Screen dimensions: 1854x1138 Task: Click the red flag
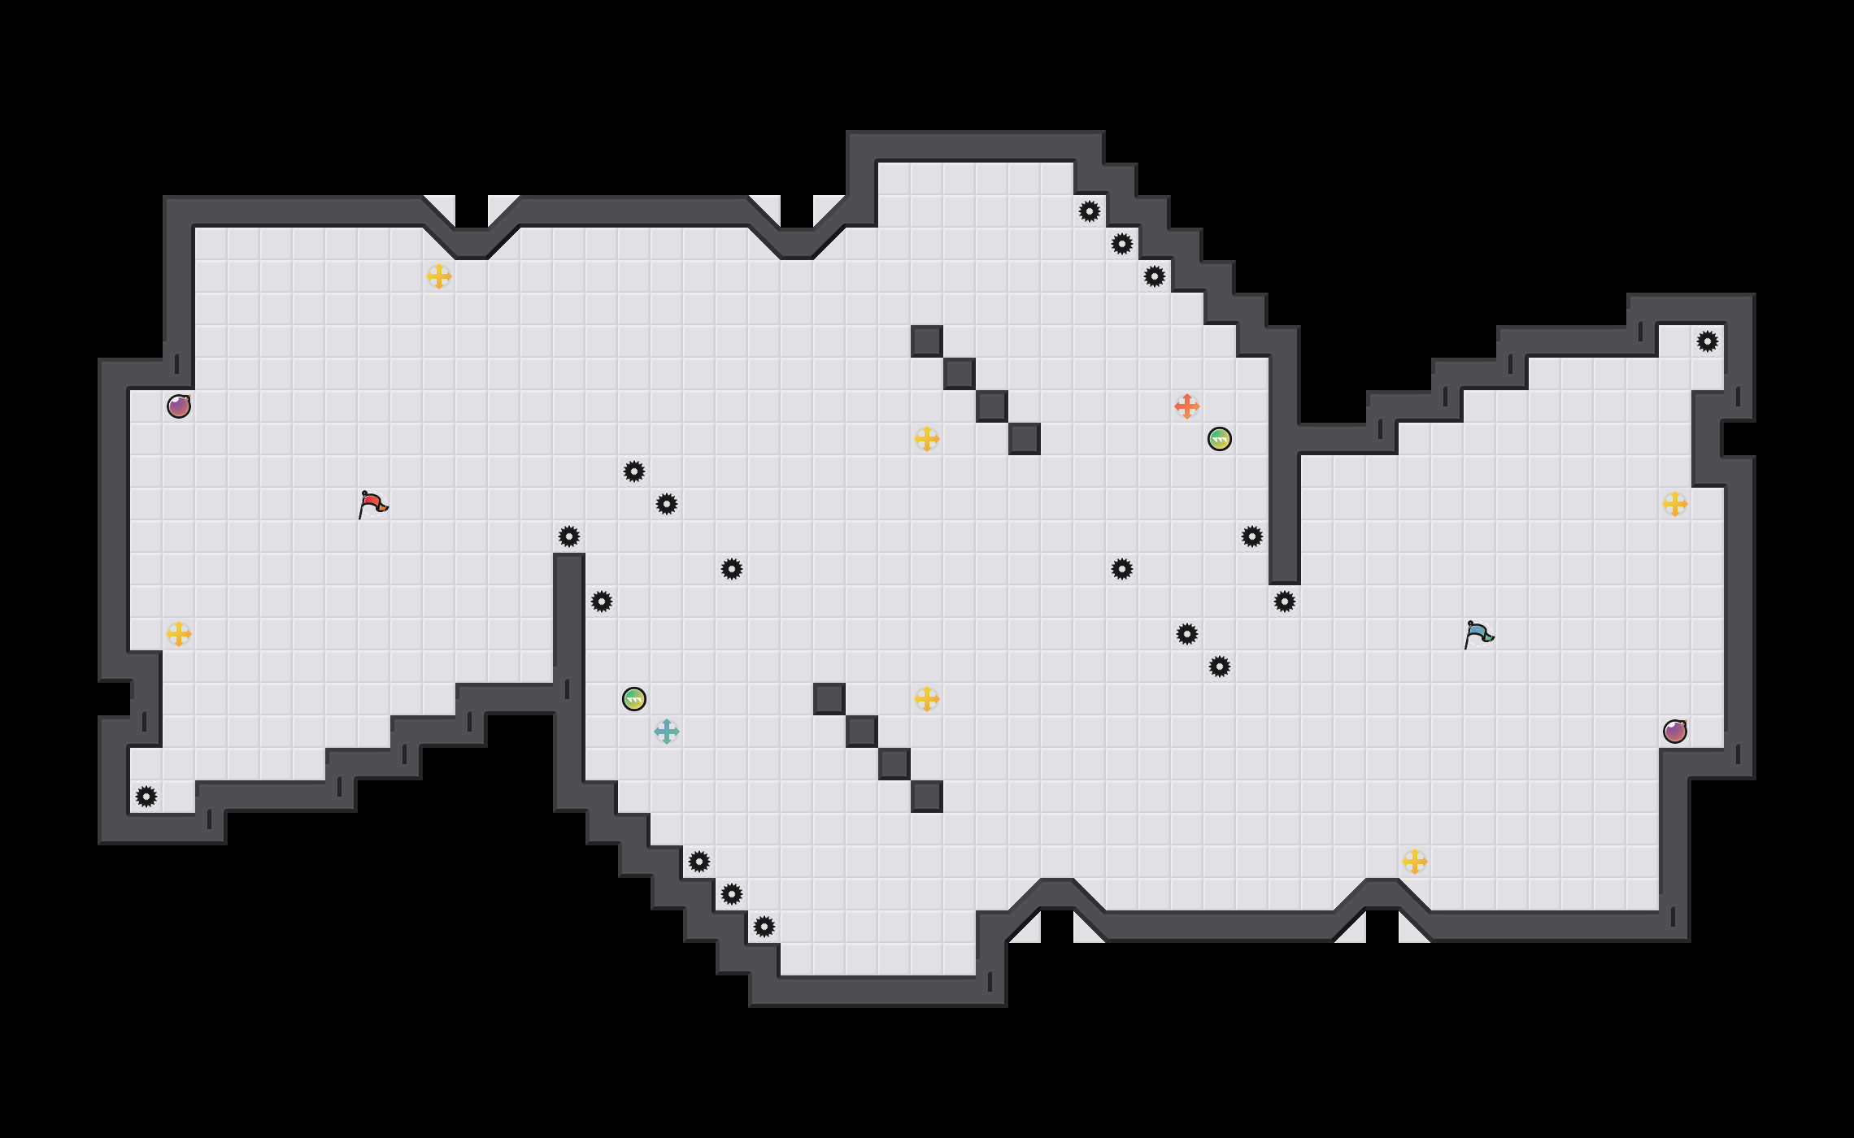click(x=372, y=504)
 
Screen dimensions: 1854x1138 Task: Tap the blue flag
click(x=1478, y=634)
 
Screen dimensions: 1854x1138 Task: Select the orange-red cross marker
click(x=1187, y=406)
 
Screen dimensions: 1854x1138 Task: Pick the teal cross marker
click(x=667, y=732)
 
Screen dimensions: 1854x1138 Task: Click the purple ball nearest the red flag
click(x=179, y=406)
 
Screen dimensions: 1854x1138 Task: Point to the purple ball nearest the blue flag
click(x=1675, y=732)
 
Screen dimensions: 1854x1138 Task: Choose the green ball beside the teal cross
click(x=634, y=699)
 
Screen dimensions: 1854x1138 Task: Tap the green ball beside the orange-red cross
click(x=1220, y=439)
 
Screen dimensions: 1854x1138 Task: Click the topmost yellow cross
click(x=439, y=276)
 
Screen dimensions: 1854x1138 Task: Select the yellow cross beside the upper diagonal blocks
click(x=927, y=439)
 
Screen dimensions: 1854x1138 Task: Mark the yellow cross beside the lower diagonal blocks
click(x=927, y=699)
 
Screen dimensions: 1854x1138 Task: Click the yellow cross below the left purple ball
click(x=179, y=634)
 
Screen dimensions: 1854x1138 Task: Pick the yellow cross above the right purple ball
click(x=1675, y=504)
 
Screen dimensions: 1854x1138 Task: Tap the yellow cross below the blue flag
click(x=1415, y=862)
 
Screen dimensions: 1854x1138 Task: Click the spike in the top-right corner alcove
click(x=1708, y=341)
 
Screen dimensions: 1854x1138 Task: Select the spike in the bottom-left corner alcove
click(x=146, y=797)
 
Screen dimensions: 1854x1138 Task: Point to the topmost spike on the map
click(x=1090, y=211)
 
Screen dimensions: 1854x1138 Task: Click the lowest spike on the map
click(x=764, y=927)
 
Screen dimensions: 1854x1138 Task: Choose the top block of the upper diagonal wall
click(x=927, y=341)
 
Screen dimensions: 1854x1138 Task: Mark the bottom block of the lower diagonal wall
click(x=927, y=797)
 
